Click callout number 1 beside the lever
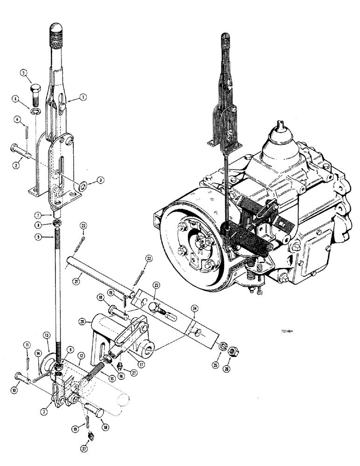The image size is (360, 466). coord(83,97)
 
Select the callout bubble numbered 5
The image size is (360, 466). coord(24,73)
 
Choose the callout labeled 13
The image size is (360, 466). coord(47,336)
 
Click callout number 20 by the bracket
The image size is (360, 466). coord(82,321)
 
